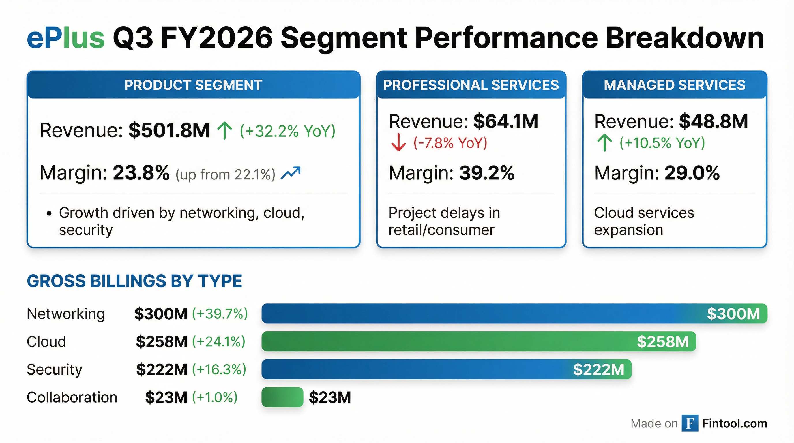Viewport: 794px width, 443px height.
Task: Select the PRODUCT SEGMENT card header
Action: click(x=193, y=85)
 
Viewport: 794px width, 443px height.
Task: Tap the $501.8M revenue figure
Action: click(x=169, y=130)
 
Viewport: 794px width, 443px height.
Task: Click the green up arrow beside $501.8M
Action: click(x=225, y=131)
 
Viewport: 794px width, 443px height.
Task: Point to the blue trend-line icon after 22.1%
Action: click(x=290, y=173)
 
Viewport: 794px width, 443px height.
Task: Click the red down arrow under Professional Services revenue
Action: click(x=398, y=142)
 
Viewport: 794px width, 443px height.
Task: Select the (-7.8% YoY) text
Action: click(x=450, y=143)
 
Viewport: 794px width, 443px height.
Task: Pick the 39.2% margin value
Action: click(x=487, y=173)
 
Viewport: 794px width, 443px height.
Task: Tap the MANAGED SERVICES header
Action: click(x=674, y=85)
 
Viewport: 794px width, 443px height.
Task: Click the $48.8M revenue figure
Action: click(x=713, y=121)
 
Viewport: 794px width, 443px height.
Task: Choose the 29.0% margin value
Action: click(x=692, y=173)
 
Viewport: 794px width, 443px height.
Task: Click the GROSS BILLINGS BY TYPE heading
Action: click(x=134, y=281)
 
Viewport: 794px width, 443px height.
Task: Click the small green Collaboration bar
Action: click(x=282, y=397)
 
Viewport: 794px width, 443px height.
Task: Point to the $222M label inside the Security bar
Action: click(x=599, y=369)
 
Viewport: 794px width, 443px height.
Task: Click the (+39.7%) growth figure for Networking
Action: click(x=220, y=314)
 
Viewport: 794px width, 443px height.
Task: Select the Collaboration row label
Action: click(x=72, y=397)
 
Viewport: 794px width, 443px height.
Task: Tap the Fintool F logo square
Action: click(x=690, y=423)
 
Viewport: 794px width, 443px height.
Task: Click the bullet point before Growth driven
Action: click(x=49, y=213)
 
